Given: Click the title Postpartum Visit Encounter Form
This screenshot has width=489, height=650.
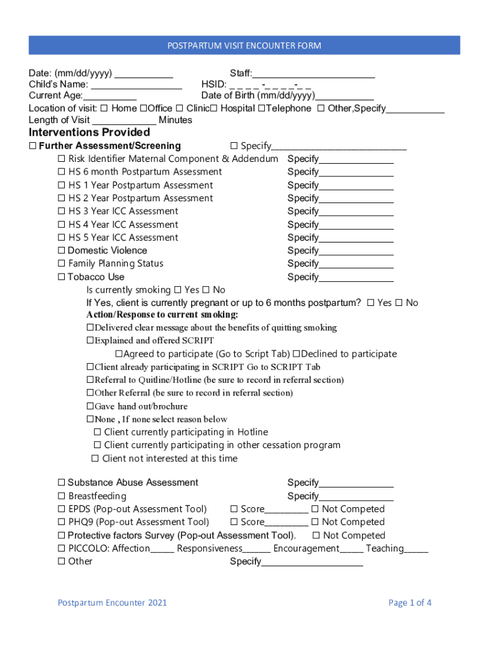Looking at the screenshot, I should click(244, 46).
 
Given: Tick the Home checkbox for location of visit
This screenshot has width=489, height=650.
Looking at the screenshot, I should click(104, 109).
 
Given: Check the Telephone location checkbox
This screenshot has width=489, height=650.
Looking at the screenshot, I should click(261, 109).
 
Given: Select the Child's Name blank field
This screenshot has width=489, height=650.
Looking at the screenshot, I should click(136, 84).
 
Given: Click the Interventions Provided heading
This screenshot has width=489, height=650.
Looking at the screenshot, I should click(90, 132).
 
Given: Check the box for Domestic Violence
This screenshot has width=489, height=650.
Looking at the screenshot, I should click(62, 251).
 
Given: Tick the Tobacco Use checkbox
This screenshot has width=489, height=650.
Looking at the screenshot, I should click(62, 277).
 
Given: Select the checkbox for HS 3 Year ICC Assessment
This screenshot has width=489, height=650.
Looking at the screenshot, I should click(62, 211).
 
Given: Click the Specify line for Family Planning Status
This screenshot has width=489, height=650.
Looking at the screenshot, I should click(356, 264).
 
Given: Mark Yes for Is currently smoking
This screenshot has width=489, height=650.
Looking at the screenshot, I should click(178, 290).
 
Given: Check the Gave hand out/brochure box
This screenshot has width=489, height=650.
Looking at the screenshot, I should click(90, 406).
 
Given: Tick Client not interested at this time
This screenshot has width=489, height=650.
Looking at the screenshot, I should click(95, 459).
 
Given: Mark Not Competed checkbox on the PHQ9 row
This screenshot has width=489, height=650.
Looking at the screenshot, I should click(315, 522).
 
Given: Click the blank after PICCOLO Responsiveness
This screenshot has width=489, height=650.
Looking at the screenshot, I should click(257, 549).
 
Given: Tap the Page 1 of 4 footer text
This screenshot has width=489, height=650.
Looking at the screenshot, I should click(410, 603).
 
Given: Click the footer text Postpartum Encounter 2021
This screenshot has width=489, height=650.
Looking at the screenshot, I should click(112, 603).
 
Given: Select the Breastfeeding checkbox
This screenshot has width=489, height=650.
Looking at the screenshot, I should click(62, 496).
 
